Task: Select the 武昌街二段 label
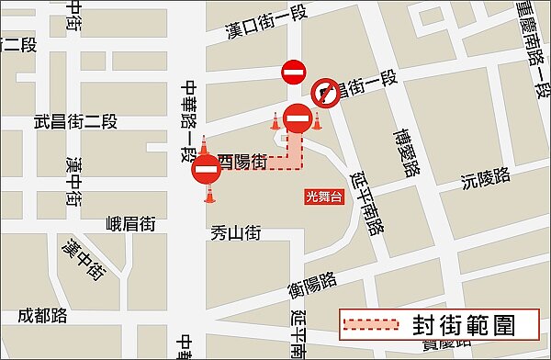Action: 75,120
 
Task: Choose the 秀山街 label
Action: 236,233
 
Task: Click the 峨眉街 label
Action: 130,223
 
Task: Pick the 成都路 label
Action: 43,316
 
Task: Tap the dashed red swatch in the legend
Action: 372,324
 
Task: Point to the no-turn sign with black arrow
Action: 325,91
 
